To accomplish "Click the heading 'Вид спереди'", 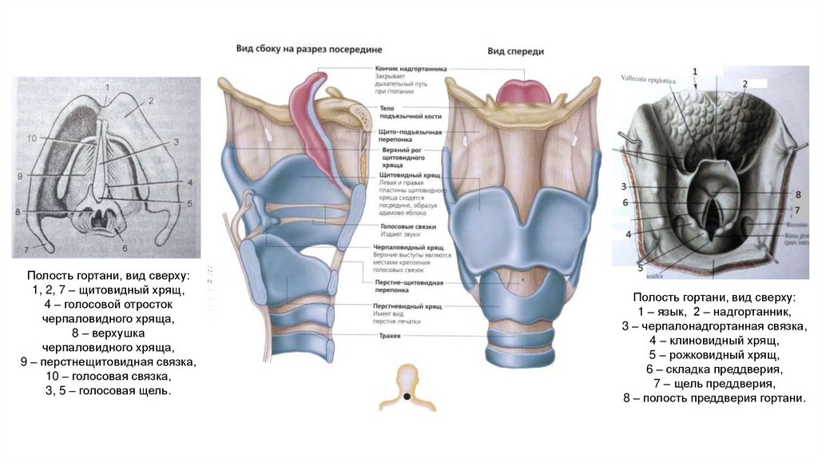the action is click(x=516, y=51).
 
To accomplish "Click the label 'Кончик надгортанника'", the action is click(x=411, y=69).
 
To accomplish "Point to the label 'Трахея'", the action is click(x=391, y=337).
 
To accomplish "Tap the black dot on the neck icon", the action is click(x=408, y=397).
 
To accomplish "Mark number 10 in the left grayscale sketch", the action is click(x=31, y=138).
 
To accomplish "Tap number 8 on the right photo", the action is click(x=797, y=194).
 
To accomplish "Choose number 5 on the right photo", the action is click(x=640, y=267).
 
